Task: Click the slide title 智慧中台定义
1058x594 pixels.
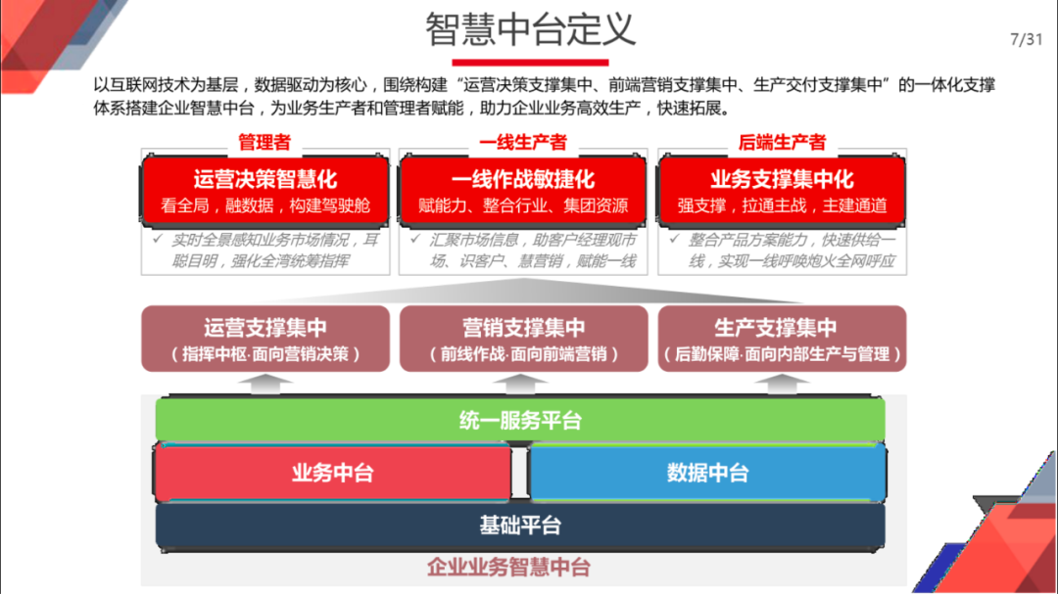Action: coord(530,29)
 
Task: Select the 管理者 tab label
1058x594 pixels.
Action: coord(264,143)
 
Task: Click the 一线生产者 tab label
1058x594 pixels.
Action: coord(522,143)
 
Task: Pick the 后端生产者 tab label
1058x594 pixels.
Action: coord(781,143)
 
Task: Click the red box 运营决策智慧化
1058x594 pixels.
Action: coord(264,191)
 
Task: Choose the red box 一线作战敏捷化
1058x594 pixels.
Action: coord(522,191)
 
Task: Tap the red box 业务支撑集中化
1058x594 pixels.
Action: coord(781,191)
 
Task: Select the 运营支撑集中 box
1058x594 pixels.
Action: coord(264,339)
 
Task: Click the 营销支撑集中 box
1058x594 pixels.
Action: coord(522,339)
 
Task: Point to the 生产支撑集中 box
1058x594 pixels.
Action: coord(781,339)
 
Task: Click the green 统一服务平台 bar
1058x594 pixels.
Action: coord(520,421)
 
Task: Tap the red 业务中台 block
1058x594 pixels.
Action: coord(332,473)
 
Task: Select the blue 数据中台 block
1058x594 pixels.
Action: coord(706,473)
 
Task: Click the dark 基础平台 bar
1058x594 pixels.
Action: coord(520,525)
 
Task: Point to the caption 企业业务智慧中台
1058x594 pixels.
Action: coord(508,567)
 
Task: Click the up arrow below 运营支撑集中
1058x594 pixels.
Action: coord(264,384)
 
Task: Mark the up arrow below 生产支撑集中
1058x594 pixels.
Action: coord(781,384)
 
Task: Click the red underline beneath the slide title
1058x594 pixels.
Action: coord(530,62)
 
